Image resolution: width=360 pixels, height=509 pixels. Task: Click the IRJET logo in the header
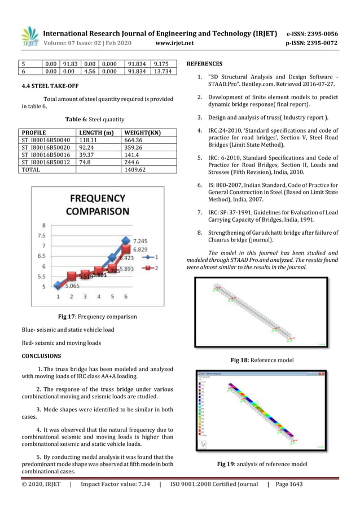[x=29, y=37]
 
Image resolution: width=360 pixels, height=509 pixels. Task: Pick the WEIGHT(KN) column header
[x=142, y=133]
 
